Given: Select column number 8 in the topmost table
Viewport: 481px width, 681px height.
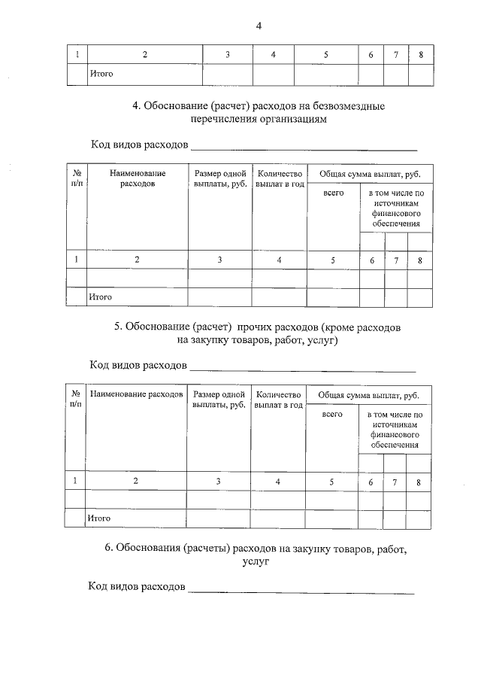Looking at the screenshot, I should click(x=421, y=54).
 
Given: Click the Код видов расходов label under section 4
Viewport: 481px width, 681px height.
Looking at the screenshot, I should click(x=138, y=144).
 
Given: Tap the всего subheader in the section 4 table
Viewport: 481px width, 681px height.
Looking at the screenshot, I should click(x=333, y=193).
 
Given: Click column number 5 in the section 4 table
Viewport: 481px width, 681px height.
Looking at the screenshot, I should click(x=333, y=260).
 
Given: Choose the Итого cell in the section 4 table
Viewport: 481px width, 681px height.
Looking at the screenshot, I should click(x=101, y=297).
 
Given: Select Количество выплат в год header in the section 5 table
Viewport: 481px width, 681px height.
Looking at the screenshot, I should click(x=279, y=400).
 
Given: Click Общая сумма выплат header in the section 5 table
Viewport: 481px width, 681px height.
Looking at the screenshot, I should click(x=369, y=394).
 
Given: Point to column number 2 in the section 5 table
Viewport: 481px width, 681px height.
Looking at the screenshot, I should click(x=135, y=482).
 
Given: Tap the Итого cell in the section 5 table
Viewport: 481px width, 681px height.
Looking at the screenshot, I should click(x=100, y=518).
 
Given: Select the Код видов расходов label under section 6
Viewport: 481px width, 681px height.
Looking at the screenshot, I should click(x=137, y=586).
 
